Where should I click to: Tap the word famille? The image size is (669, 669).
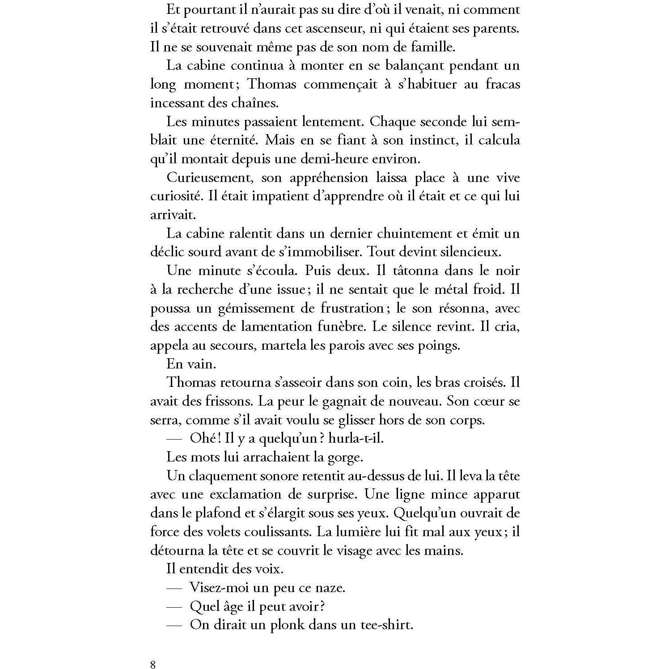[430, 47]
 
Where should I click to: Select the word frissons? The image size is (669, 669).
[231, 401]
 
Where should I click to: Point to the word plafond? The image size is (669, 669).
[220, 513]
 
